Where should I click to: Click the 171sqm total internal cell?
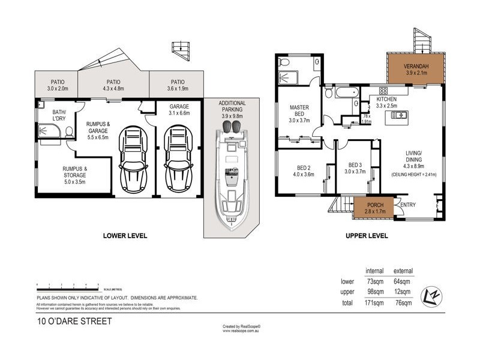(x=375, y=303)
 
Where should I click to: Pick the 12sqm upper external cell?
(x=403, y=292)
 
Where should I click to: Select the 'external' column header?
(x=403, y=271)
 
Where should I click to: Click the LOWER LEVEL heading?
(x=125, y=235)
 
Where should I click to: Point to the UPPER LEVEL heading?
(x=366, y=235)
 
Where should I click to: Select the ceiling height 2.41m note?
(x=415, y=175)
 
